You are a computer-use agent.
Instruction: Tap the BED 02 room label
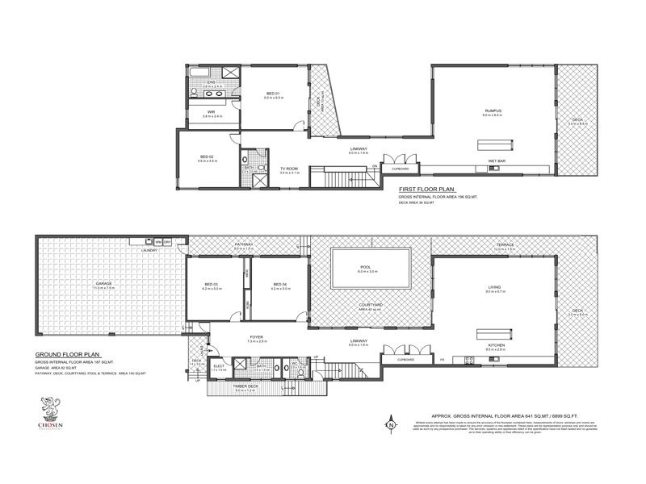[207, 156]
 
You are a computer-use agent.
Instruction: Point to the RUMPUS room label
[493, 110]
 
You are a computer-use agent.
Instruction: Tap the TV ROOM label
[289, 169]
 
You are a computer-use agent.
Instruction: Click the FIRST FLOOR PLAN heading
[424, 189]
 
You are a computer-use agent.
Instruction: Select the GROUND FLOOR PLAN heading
[67, 354]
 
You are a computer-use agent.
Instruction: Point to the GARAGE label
[104, 284]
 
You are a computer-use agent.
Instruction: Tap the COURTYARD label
[370, 305]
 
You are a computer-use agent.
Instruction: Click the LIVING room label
[494, 286]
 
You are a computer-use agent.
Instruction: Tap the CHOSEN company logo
[50, 410]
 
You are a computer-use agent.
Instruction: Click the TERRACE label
[505, 244]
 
